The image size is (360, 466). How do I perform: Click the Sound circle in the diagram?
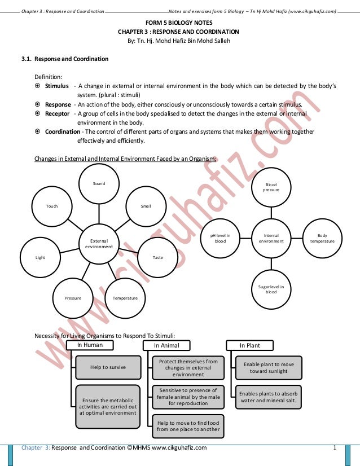pyautogui.click(x=99, y=184)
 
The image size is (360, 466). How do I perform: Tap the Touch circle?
pyautogui.click(x=52, y=206)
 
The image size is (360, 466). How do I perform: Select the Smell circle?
pyautogui.click(x=146, y=206)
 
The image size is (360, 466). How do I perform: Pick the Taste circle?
pyautogui.click(x=158, y=257)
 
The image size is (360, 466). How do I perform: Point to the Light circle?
pyautogui.click(x=40, y=257)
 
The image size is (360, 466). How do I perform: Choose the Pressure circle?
pyautogui.click(x=73, y=298)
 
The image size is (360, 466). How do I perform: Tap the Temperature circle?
pyautogui.click(x=125, y=298)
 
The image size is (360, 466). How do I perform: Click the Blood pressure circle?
pyautogui.click(x=271, y=187)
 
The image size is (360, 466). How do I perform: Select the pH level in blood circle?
pyautogui.click(x=220, y=238)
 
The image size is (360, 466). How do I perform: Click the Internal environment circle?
pyautogui.click(x=271, y=238)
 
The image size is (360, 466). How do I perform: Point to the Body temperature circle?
pyautogui.click(x=322, y=238)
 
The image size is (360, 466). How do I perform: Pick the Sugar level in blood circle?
pyautogui.click(x=271, y=289)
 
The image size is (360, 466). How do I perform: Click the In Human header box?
pyautogui.click(x=90, y=345)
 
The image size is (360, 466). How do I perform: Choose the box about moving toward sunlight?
pyautogui.click(x=269, y=368)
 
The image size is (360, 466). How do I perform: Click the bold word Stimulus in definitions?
pyautogui.click(x=57, y=86)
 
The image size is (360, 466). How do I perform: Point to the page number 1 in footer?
pyautogui.click(x=335, y=448)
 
